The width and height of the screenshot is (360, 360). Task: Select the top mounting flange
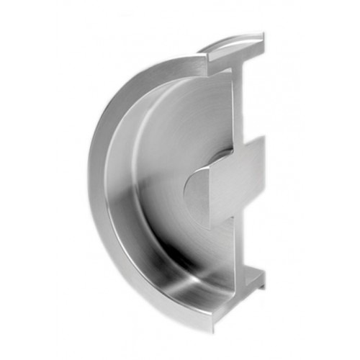pyautogui.click(x=234, y=50)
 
